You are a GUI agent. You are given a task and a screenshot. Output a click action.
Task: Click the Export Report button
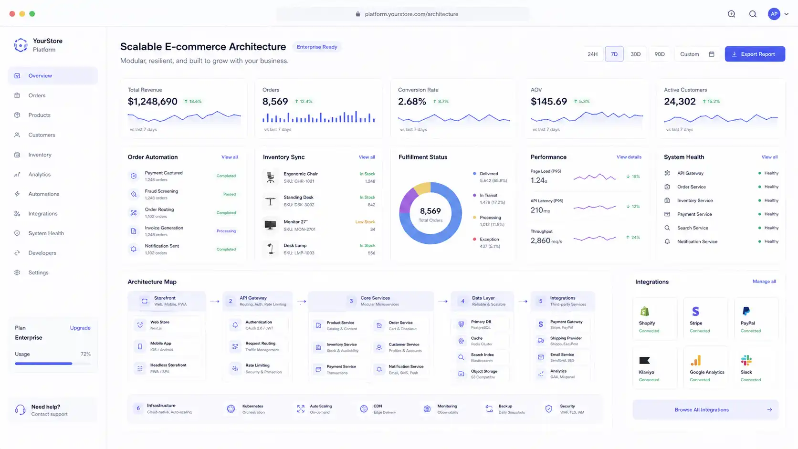[755, 54]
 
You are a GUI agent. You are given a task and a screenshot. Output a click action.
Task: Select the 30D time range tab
[635, 54]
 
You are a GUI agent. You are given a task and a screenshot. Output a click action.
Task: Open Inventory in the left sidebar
[40, 155]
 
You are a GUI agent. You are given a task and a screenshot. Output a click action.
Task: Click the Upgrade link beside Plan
[80, 328]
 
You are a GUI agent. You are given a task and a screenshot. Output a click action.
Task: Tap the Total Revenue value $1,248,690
[152, 102]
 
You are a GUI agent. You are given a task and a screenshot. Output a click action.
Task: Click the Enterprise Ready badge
[316, 47]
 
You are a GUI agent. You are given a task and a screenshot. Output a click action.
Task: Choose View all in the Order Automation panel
[229, 157]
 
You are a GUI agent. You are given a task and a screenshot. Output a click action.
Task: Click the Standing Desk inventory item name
[298, 197]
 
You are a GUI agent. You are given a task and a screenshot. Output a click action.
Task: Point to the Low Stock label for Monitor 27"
[365, 222]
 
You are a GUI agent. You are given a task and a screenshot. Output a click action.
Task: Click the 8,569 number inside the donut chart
[430, 211]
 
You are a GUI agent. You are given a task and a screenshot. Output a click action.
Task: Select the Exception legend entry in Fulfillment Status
[489, 240]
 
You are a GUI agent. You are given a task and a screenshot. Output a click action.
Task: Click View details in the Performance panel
[629, 157]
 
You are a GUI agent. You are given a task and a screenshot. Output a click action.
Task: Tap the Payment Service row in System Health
[694, 214]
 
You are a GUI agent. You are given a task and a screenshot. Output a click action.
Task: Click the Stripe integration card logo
[695, 312]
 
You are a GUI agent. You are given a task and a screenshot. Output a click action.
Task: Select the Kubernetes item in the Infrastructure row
[252, 409]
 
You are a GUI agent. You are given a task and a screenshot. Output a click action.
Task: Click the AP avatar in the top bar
[774, 14]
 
